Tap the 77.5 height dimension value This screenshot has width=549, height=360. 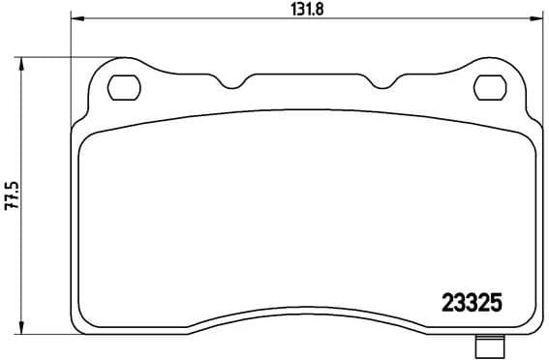coord(11,195)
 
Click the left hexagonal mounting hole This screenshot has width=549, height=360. coord(122,87)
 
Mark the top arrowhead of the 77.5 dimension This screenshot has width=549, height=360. coord(22,61)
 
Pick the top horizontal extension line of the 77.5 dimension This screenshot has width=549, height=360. coord(68,56)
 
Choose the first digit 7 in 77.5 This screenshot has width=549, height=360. coord(11,210)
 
